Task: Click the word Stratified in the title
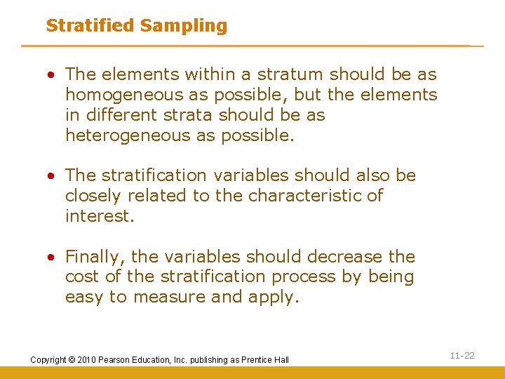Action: pyautogui.click(x=90, y=26)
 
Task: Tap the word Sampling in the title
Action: pyautogui.click(x=183, y=26)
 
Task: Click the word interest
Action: pyautogui.click(x=97, y=216)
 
